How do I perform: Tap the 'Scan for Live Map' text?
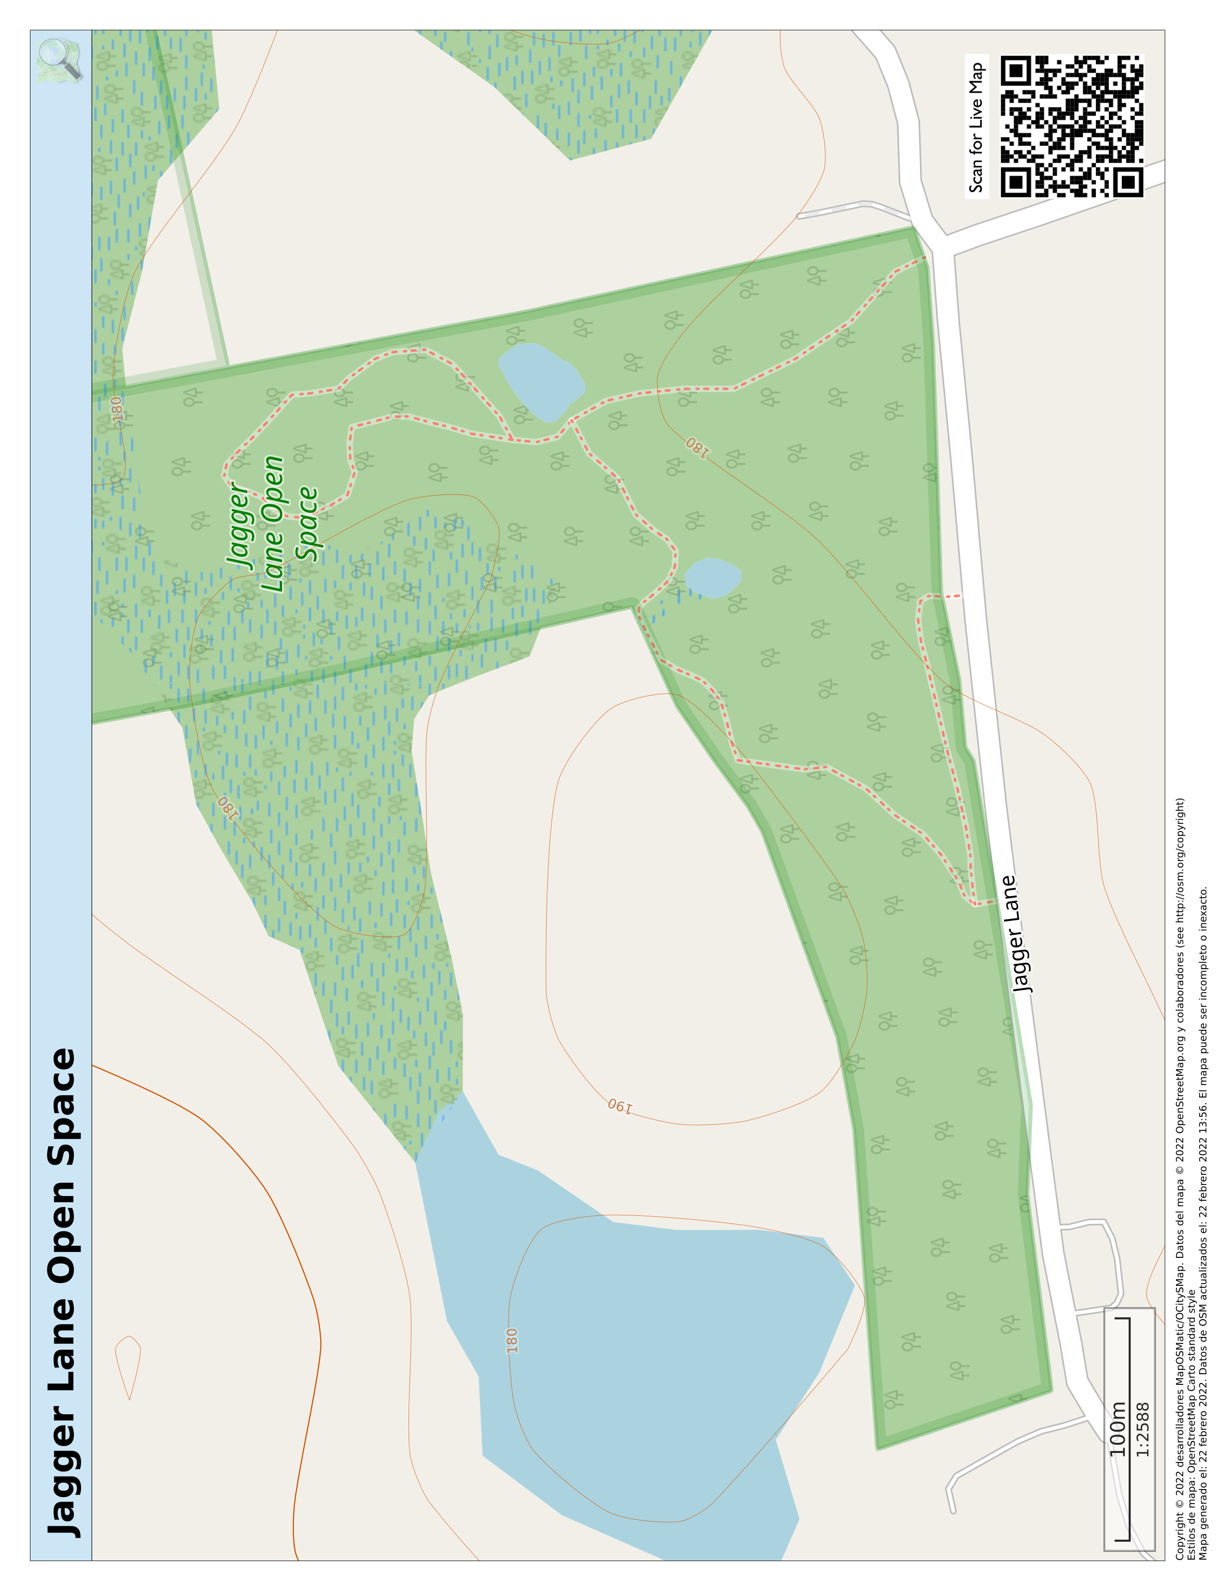[x=976, y=127]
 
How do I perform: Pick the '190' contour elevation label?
[x=620, y=1106]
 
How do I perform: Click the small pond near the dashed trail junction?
[x=712, y=577]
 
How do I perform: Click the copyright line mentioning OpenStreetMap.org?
[x=1179, y=1180]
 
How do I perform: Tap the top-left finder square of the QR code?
[x=1015, y=70]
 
